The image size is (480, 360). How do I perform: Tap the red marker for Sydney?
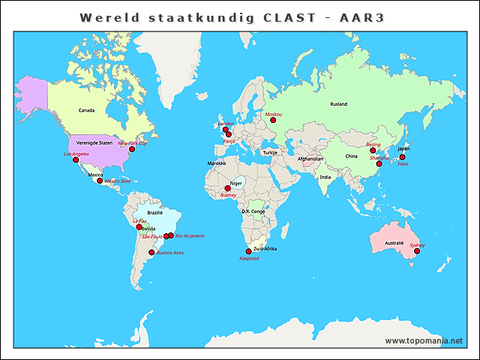[417, 251]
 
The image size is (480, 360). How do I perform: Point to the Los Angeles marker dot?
[76, 160]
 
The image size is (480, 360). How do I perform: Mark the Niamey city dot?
[227, 189]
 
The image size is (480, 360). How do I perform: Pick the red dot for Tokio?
[402, 157]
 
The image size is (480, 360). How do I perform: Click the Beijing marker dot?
[373, 151]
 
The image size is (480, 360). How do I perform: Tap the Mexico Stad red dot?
[100, 181]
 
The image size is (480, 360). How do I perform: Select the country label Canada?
[87, 110]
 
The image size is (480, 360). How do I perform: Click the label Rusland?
[338, 104]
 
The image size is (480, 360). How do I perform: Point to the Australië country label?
[394, 244]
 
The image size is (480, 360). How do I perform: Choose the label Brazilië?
[155, 213]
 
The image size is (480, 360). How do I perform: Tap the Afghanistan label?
[310, 159]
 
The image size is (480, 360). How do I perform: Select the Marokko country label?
[217, 163]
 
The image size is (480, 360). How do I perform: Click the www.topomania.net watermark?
[424, 340]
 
